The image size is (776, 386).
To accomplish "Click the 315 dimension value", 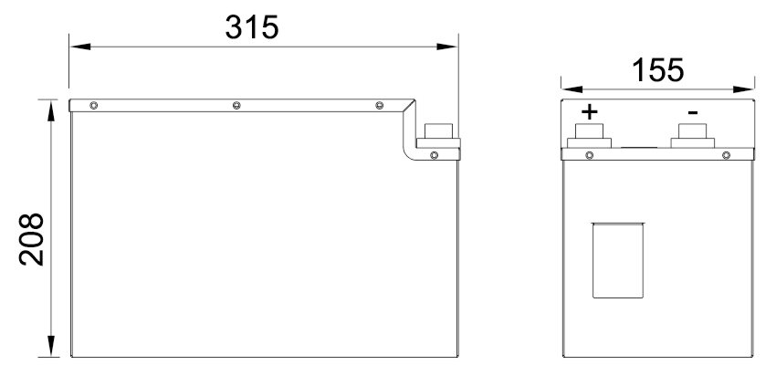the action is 252,26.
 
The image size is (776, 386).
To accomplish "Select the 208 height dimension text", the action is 32,239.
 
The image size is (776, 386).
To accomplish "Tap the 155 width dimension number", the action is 658,69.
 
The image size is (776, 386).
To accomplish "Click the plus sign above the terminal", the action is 590,112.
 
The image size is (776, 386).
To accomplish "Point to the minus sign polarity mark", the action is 693,113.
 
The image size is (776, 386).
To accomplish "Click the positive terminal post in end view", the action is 589,137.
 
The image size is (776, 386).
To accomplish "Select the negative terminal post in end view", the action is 692,137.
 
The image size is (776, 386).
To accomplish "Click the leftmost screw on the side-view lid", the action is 93,106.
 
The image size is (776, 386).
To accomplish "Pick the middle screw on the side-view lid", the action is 236,106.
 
